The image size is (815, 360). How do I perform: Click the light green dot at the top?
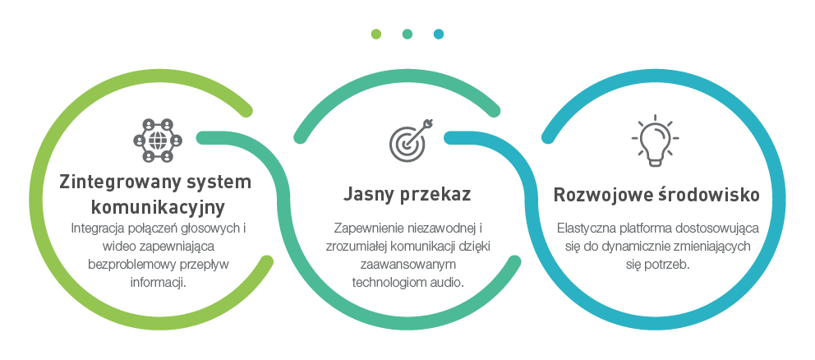pos(375,34)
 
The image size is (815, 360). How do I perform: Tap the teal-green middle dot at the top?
pos(407,34)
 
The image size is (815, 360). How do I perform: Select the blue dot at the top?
pos(439,34)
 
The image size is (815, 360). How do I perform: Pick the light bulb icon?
pos(654,138)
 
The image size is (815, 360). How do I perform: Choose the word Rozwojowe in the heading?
pos(601,196)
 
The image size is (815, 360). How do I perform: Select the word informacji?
pos(159,283)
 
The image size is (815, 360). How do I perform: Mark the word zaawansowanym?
pos(407,265)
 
